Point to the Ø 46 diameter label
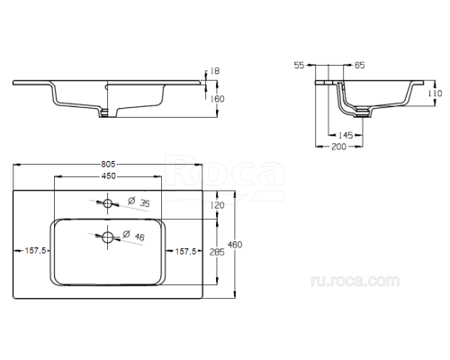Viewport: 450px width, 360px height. coord(131,236)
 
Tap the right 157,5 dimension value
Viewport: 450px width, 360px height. coord(186,251)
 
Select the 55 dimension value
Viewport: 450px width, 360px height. coord(301,66)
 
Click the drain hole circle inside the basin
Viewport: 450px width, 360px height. coord(108,238)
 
